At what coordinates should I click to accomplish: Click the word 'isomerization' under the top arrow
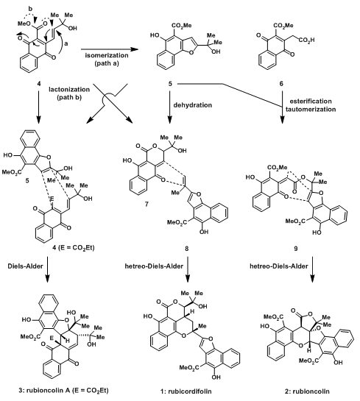[x=107, y=55]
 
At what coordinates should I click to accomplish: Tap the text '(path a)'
[x=107, y=63]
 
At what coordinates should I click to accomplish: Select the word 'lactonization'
[x=69, y=90]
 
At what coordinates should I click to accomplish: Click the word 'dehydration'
[x=193, y=105]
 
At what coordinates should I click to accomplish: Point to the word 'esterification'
[x=311, y=102]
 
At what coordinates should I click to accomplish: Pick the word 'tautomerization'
[x=311, y=110]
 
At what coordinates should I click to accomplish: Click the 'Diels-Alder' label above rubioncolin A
[x=25, y=266]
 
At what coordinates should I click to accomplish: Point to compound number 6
[x=281, y=84]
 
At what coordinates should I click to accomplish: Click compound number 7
[x=147, y=205]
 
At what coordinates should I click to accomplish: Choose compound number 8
[x=186, y=249]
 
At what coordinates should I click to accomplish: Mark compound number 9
[x=296, y=249]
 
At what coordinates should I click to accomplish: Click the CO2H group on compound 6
[x=307, y=40]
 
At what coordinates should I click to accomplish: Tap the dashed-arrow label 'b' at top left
[x=30, y=9]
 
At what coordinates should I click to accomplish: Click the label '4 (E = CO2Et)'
[x=74, y=248]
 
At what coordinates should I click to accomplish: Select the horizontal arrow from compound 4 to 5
[x=109, y=49]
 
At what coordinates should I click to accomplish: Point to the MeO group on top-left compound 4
[x=24, y=24]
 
